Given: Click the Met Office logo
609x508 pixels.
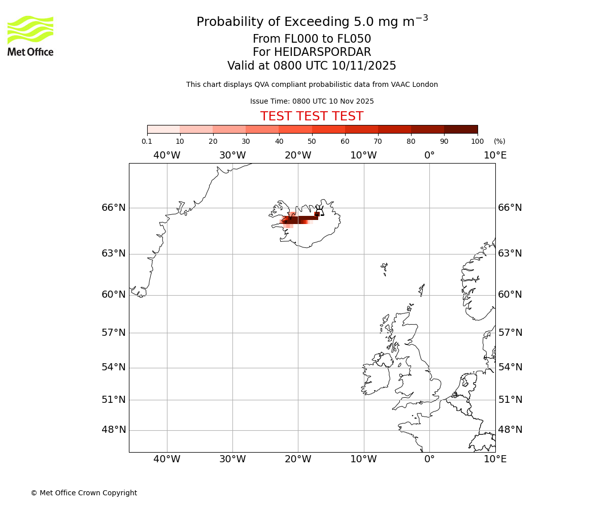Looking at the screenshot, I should point(30,36).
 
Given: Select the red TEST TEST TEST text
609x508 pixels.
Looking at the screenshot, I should point(312,116).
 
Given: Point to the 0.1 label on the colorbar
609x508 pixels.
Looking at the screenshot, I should point(147,142).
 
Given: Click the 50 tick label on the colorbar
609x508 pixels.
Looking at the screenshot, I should point(312,142).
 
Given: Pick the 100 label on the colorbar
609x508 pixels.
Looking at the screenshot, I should point(478,142).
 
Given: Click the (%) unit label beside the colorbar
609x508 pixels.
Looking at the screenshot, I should point(499,142).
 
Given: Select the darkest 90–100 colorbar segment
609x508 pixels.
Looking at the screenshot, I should point(461,130).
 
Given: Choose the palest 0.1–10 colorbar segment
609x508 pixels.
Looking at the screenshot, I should point(163,130).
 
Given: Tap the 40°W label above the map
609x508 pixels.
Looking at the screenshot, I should point(166,155).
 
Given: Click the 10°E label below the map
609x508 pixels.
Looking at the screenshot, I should point(495,459).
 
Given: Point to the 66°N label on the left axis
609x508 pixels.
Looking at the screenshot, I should point(113,208).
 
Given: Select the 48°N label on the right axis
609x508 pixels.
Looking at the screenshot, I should point(510,430).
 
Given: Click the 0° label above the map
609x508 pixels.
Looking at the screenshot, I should point(429,155).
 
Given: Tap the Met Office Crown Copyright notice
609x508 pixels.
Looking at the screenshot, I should point(84,493).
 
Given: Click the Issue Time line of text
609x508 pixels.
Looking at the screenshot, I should point(312,102).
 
